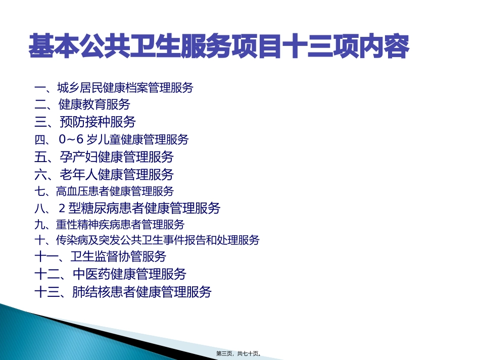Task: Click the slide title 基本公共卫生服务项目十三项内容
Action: [x=219, y=47]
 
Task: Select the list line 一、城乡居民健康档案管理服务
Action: [x=114, y=88]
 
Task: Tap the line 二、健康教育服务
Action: [x=82, y=105]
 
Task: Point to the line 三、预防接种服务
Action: [x=85, y=122]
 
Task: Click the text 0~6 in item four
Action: [x=70, y=140]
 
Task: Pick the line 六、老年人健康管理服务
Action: [x=104, y=175]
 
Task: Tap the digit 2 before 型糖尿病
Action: [x=62, y=208]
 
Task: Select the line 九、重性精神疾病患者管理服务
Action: [x=110, y=224]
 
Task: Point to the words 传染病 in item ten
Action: [x=70, y=240]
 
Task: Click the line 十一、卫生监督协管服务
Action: [x=101, y=256]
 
